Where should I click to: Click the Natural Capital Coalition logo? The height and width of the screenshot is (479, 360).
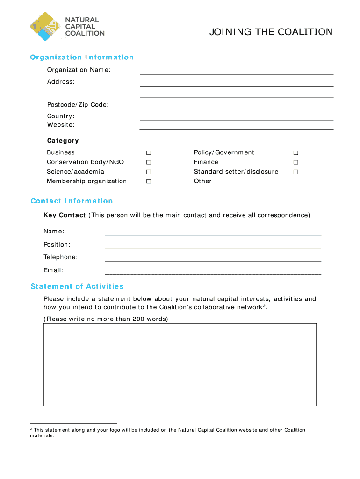coord(66,26)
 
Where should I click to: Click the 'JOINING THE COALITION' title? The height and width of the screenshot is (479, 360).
coord(271,32)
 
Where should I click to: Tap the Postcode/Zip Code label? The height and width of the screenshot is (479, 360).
coord(78,105)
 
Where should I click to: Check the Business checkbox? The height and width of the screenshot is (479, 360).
coord(149,153)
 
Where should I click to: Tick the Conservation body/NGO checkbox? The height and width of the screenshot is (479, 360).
coord(149,162)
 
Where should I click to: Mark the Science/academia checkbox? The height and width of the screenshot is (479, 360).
coord(149,172)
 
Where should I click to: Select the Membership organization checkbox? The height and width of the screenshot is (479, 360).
coord(149,181)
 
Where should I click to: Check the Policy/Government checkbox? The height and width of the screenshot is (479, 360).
coord(295,153)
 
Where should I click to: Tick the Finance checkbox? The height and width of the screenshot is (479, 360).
coord(295,162)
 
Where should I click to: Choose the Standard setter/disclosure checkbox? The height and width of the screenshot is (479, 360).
coord(295,172)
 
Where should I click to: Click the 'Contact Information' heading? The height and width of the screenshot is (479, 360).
coord(72,201)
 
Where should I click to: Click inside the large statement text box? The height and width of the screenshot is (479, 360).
coord(180,364)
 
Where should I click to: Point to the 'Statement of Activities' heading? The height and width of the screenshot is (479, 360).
coord(77,286)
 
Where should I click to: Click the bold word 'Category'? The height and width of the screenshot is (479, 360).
coord(63,141)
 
